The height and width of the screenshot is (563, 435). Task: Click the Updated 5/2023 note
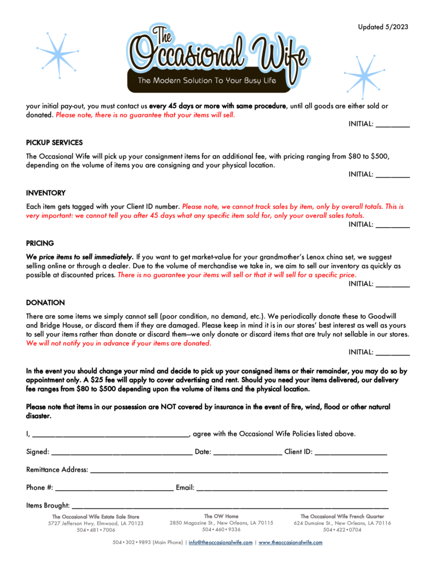pyautogui.click(x=383, y=27)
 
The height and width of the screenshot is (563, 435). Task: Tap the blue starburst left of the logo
pyautogui.click(x=58, y=55)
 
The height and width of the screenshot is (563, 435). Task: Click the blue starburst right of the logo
pyautogui.click(x=365, y=76)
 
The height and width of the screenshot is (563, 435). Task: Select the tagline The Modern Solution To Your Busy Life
pyautogui.click(x=207, y=80)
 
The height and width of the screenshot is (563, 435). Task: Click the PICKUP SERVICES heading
pyautogui.click(x=54, y=142)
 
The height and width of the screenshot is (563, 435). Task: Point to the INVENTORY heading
pyautogui.click(x=46, y=193)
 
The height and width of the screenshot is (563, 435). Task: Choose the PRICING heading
pyautogui.click(x=40, y=243)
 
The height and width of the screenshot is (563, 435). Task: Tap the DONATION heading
pyautogui.click(x=45, y=303)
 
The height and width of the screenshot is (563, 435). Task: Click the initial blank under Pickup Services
pyautogui.click(x=393, y=177)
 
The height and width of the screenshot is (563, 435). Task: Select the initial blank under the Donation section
pyautogui.click(x=393, y=355)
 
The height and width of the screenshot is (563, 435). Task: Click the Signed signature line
pyautogui.click(x=122, y=455)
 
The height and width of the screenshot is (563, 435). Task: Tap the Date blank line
pyautogui.click(x=248, y=455)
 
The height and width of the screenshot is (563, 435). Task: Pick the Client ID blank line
pyautogui.click(x=351, y=455)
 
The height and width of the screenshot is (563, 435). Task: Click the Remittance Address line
pyautogui.click(x=239, y=472)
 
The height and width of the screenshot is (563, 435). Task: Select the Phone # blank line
pyautogui.click(x=114, y=490)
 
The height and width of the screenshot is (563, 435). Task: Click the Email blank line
pyautogui.click(x=292, y=490)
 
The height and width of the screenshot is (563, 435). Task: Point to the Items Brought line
pyautogui.click(x=230, y=508)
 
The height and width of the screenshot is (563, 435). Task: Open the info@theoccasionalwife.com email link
pyautogui.click(x=221, y=543)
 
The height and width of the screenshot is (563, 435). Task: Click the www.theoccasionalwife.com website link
pyautogui.click(x=290, y=543)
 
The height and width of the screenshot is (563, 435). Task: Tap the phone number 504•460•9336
pyautogui.click(x=221, y=529)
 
